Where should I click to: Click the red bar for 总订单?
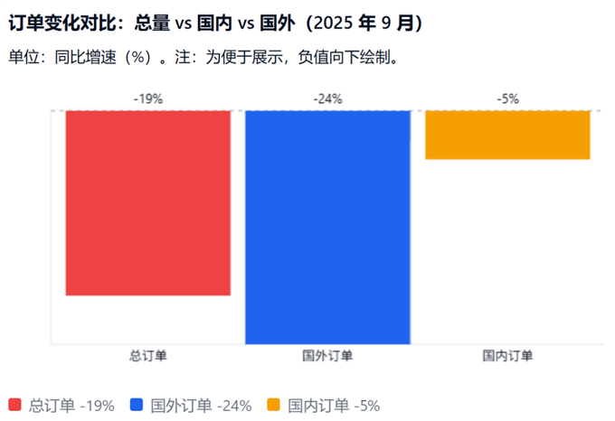point(148,203)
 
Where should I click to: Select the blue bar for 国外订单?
point(327,226)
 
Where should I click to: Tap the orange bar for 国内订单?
point(507,135)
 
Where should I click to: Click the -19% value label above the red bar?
point(148,99)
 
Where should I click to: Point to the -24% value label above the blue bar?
point(327,99)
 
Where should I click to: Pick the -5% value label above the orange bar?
point(507,99)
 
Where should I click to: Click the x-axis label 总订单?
point(148,356)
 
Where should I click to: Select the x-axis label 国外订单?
point(327,356)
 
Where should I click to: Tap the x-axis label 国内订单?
point(507,356)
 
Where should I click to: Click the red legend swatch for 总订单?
point(14,405)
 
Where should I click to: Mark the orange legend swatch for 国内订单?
point(274,405)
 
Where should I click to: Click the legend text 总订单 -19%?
point(72,406)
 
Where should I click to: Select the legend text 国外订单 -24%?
point(201,406)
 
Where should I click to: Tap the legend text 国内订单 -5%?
point(334,406)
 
